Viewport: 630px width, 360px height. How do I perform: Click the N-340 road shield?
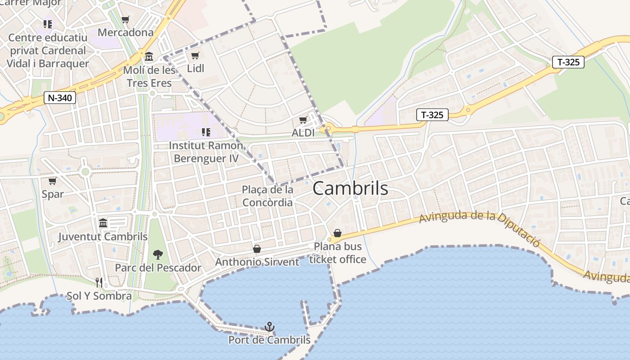(59, 98)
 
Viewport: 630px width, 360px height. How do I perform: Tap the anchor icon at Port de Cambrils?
(269, 326)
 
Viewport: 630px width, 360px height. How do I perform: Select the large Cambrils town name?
(350, 188)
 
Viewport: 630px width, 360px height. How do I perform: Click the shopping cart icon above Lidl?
(195, 55)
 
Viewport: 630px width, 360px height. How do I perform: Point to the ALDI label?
(303, 133)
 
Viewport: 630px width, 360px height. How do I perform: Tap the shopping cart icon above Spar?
(53, 181)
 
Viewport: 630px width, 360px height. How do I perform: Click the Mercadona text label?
(126, 32)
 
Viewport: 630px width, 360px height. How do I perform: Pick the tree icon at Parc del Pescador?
(157, 255)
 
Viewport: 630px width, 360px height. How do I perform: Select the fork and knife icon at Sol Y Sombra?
(99, 282)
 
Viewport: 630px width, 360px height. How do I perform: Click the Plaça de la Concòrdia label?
(268, 196)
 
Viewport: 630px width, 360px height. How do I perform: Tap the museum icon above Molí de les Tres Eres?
(149, 57)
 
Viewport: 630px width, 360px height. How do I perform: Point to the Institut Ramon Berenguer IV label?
(206, 152)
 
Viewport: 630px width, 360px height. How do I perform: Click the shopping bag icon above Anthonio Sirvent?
(257, 249)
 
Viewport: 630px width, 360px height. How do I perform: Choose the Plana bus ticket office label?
(337, 253)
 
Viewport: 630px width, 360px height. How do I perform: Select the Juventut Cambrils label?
(103, 237)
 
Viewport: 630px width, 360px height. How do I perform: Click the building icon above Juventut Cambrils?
(103, 223)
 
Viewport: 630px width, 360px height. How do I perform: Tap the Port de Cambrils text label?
(269, 340)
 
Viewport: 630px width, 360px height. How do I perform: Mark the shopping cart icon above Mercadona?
(126, 19)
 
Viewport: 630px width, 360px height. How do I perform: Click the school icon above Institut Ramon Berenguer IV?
(206, 132)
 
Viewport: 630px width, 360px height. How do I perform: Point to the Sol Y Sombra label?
(99, 296)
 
